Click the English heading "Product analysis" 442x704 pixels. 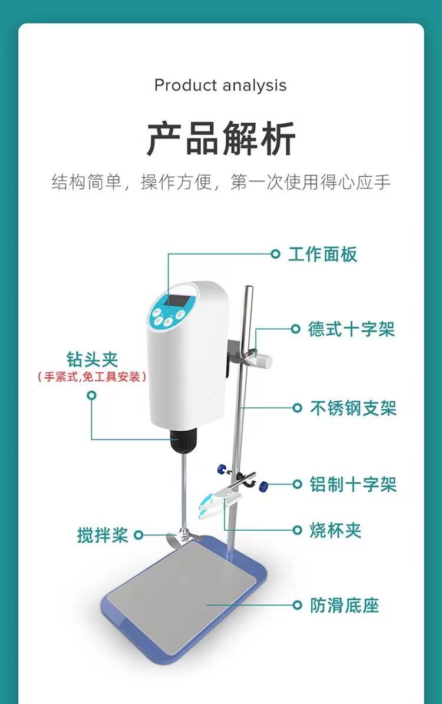point(220,85)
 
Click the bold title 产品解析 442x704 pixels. point(220,138)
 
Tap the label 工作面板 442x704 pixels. point(322,254)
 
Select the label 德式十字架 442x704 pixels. point(351,329)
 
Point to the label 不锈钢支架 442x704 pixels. point(353,408)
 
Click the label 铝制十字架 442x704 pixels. point(353,484)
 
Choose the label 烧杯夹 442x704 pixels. point(335,530)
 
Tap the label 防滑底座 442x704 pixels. point(345,605)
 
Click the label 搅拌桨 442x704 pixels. point(103,535)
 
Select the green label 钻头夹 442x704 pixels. point(92,359)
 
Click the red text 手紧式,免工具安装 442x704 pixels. point(92,376)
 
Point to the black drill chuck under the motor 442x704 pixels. point(183,440)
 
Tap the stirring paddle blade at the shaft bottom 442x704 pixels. point(183,537)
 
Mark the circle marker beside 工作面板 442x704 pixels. point(275,254)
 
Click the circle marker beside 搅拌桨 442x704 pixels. point(139,535)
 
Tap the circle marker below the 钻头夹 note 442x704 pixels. point(91,395)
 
